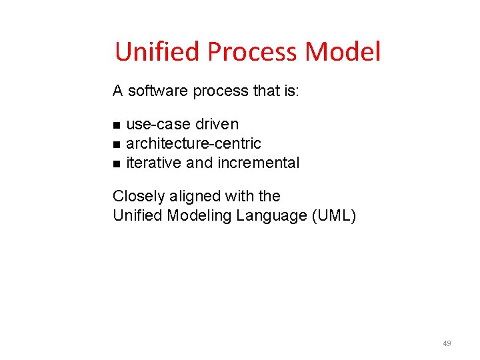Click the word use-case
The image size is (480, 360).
click(x=158, y=124)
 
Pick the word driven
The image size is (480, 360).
click(x=217, y=124)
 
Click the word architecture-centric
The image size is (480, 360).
click(x=193, y=143)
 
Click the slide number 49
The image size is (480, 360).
click(x=447, y=343)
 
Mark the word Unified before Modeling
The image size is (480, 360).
click(x=137, y=215)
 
